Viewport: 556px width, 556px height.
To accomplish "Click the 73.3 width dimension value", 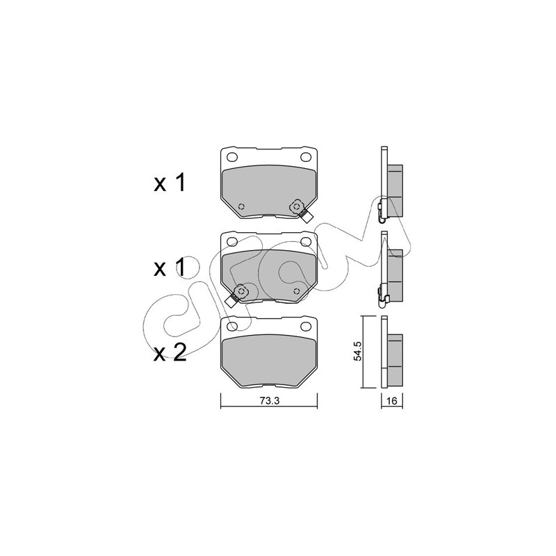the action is pyautogui.click(x=270, y=401).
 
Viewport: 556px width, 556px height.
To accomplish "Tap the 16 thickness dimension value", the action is pyautogui.click(x=391, y=401).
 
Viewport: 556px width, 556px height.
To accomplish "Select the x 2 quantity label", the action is pyautogui.click(x=170, y=353).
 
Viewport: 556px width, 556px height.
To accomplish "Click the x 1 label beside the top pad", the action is pyautogui.click(x=170, y=183).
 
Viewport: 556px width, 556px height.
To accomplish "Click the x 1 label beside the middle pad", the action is pyautogui.click(x=170, y=268).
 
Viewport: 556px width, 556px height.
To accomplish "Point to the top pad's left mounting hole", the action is pyautogui.click(x=232, y=157).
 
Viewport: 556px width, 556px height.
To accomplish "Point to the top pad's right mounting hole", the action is pyautogui.click(x=305, y=157).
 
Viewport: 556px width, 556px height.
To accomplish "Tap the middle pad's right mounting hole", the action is pyautogui.click(x=305, y=242).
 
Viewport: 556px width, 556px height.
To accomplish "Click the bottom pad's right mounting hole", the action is pyautogui.click(x=305, y=326).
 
